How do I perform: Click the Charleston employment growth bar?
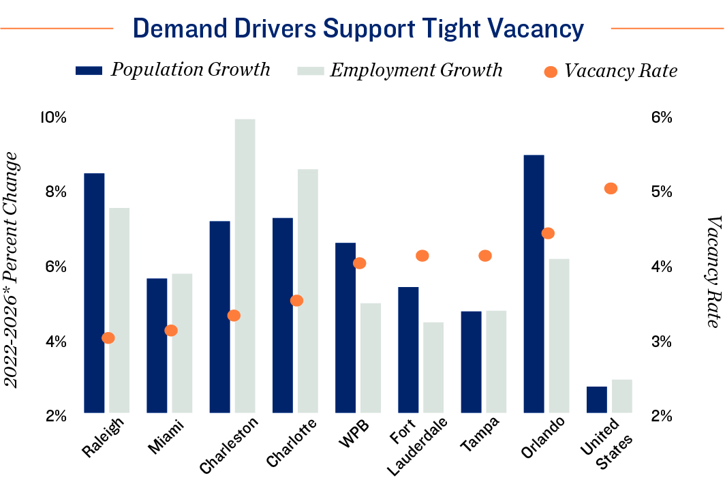coord(245,266)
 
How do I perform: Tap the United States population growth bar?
coord(596,400)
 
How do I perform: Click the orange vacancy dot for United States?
coord(611,189)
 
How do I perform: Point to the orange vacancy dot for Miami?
coord(171,331)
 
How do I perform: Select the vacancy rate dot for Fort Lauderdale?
coord(422,256)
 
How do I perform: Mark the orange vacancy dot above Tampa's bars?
coord(485,256)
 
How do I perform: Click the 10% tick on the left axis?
coord(53,117)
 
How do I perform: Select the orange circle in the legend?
coord(551,71)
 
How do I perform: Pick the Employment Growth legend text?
coord(416,70)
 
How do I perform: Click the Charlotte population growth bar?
coord(282,315)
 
